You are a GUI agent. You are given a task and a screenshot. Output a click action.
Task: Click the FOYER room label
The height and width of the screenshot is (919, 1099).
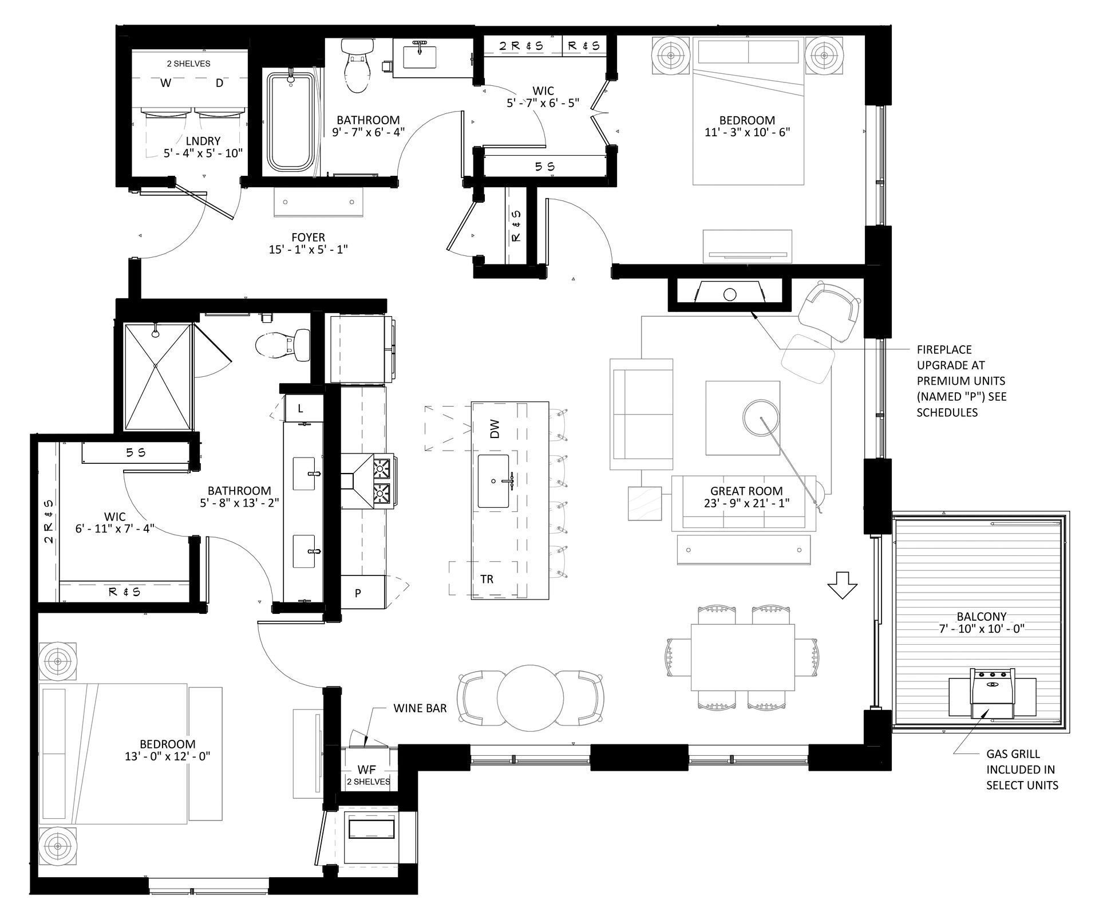308,237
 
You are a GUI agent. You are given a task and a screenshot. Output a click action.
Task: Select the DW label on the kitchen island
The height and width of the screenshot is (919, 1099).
495,429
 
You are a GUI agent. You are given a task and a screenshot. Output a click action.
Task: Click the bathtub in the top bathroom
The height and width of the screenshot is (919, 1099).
291,122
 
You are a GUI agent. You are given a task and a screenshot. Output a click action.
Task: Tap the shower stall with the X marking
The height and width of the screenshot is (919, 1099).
157,376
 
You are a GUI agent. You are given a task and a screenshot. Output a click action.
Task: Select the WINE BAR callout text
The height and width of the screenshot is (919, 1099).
420,708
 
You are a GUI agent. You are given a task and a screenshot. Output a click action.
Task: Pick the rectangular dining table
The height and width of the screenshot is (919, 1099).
742,657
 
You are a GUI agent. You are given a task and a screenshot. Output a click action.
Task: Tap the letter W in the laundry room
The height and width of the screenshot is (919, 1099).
165,83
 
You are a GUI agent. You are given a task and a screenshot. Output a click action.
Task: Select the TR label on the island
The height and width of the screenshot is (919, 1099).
487,579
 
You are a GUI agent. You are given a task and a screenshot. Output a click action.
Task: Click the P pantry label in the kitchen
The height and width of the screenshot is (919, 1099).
358,593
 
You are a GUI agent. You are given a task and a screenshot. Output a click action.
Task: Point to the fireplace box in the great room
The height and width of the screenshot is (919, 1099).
730,294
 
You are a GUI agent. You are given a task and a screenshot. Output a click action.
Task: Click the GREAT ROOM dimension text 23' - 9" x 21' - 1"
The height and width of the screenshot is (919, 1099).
746,503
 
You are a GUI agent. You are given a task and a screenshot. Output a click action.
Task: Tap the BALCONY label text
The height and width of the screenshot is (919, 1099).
982,616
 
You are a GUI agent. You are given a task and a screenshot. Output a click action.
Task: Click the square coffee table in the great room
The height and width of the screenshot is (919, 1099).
742,418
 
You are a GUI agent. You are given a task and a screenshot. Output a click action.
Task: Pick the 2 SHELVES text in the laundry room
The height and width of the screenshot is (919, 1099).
188,64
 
